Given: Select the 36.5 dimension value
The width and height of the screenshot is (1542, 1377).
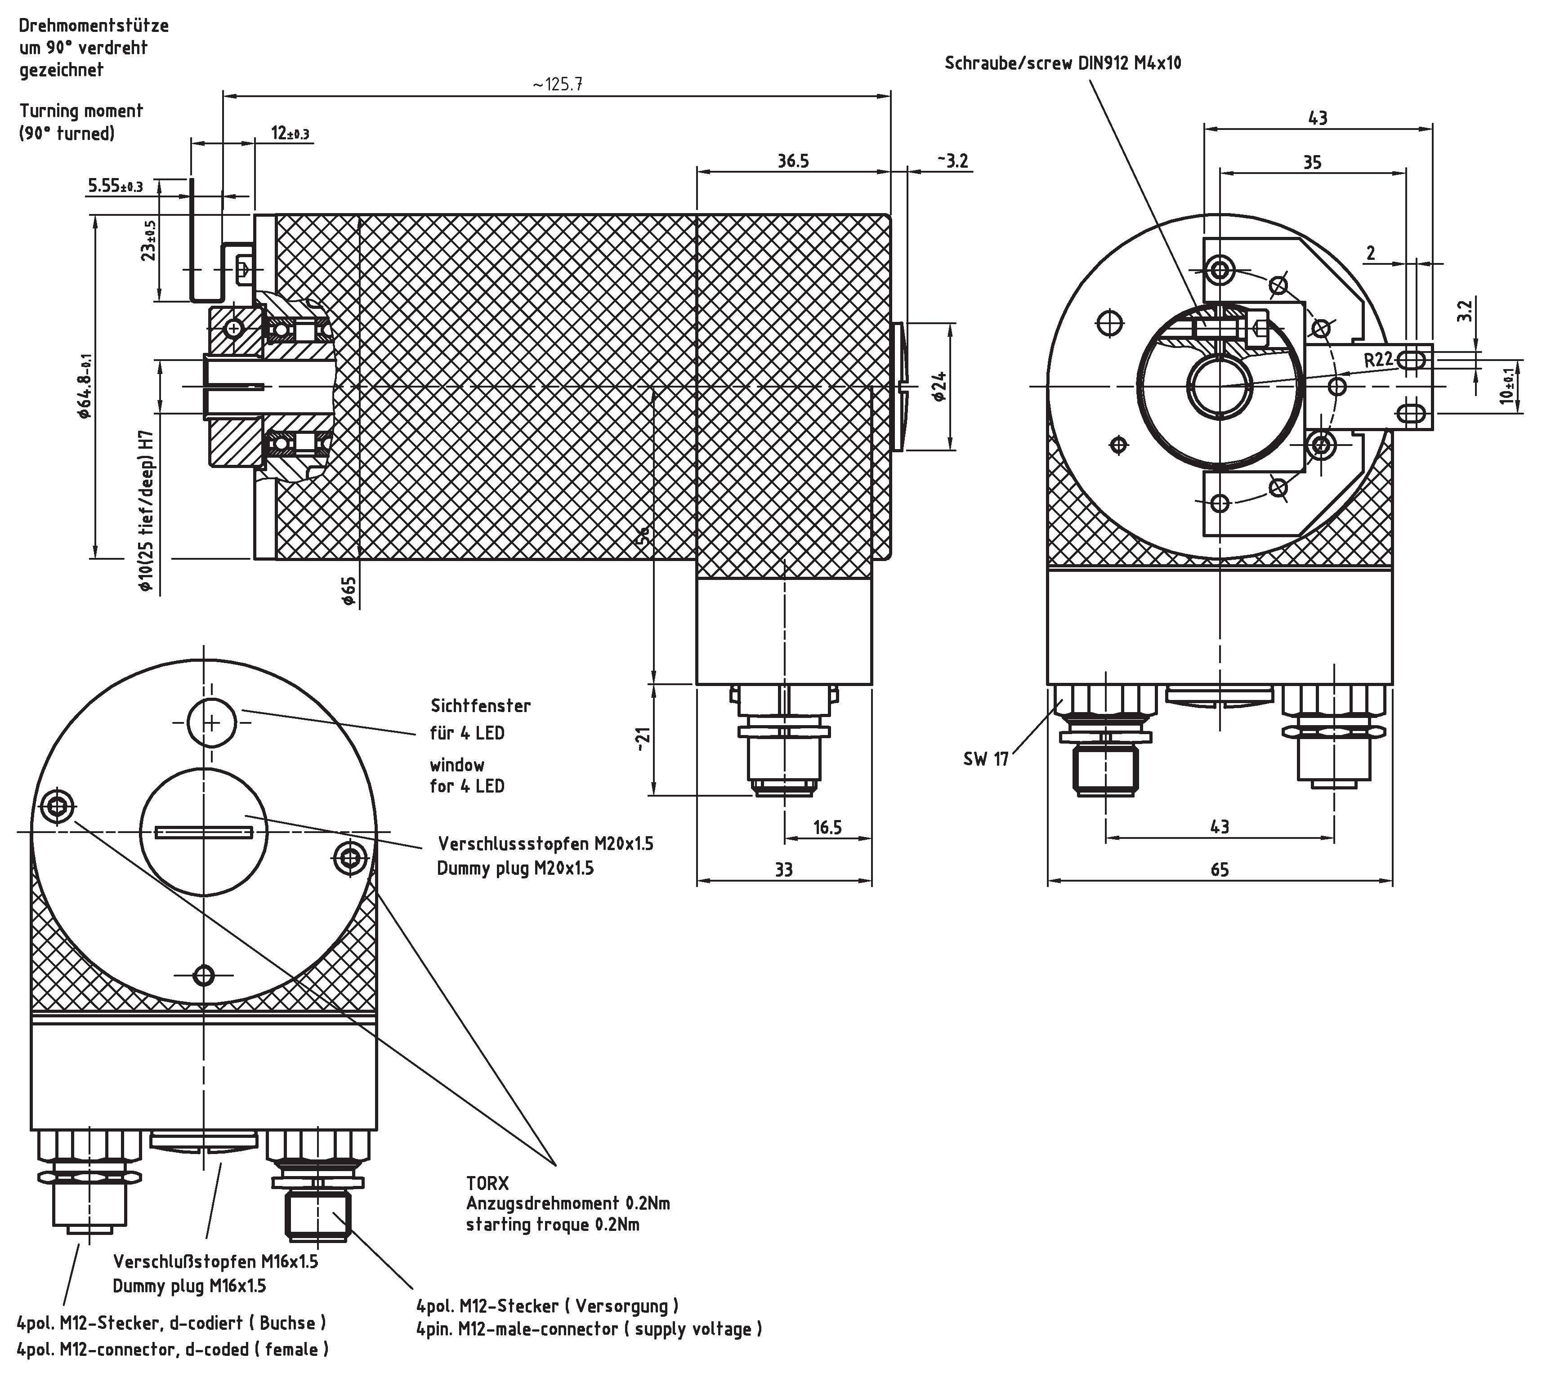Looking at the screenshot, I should pos(793,161).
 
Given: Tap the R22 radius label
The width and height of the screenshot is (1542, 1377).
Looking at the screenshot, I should pos(1379,359).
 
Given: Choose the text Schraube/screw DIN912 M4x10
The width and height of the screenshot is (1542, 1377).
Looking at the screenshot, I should pos(1062,63).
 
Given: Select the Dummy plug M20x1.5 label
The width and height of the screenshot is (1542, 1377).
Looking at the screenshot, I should pos(515,868).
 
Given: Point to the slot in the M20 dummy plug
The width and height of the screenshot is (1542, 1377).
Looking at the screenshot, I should pos(204,832).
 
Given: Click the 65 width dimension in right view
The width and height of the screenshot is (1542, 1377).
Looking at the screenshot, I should pos(1219,869).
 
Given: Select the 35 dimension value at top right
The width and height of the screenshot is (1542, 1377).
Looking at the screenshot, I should pos(1312,162).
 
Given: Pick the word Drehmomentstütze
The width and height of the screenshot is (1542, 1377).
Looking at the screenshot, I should pos(94,26).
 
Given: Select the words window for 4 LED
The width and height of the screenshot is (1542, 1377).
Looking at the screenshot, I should pos(467,775).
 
